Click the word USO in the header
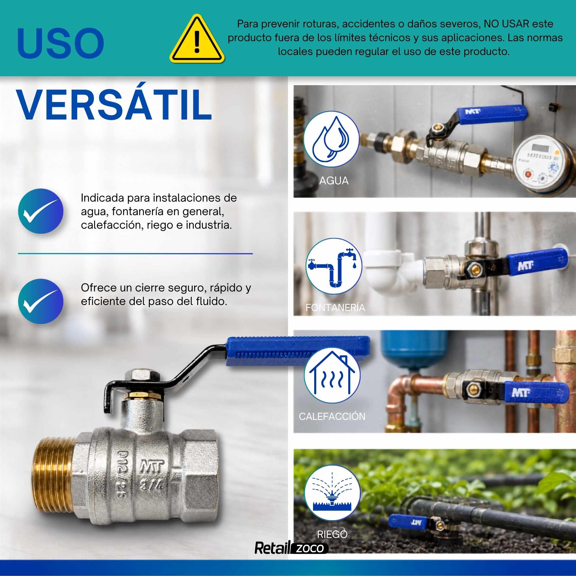pos(60,43)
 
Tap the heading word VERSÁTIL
pos(114,105)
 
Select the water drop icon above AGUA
pos(331,139)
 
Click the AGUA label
pos(334,181)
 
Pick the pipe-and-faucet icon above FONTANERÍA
pos(334,266)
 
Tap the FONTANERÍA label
pos(335,307)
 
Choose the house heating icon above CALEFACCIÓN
pos(332,375)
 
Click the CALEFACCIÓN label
pos(332,416)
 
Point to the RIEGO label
pos(332,534)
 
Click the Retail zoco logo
pos(291,548)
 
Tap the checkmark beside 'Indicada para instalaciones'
pos(41,211)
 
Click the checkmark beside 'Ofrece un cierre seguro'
pos(41,302)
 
